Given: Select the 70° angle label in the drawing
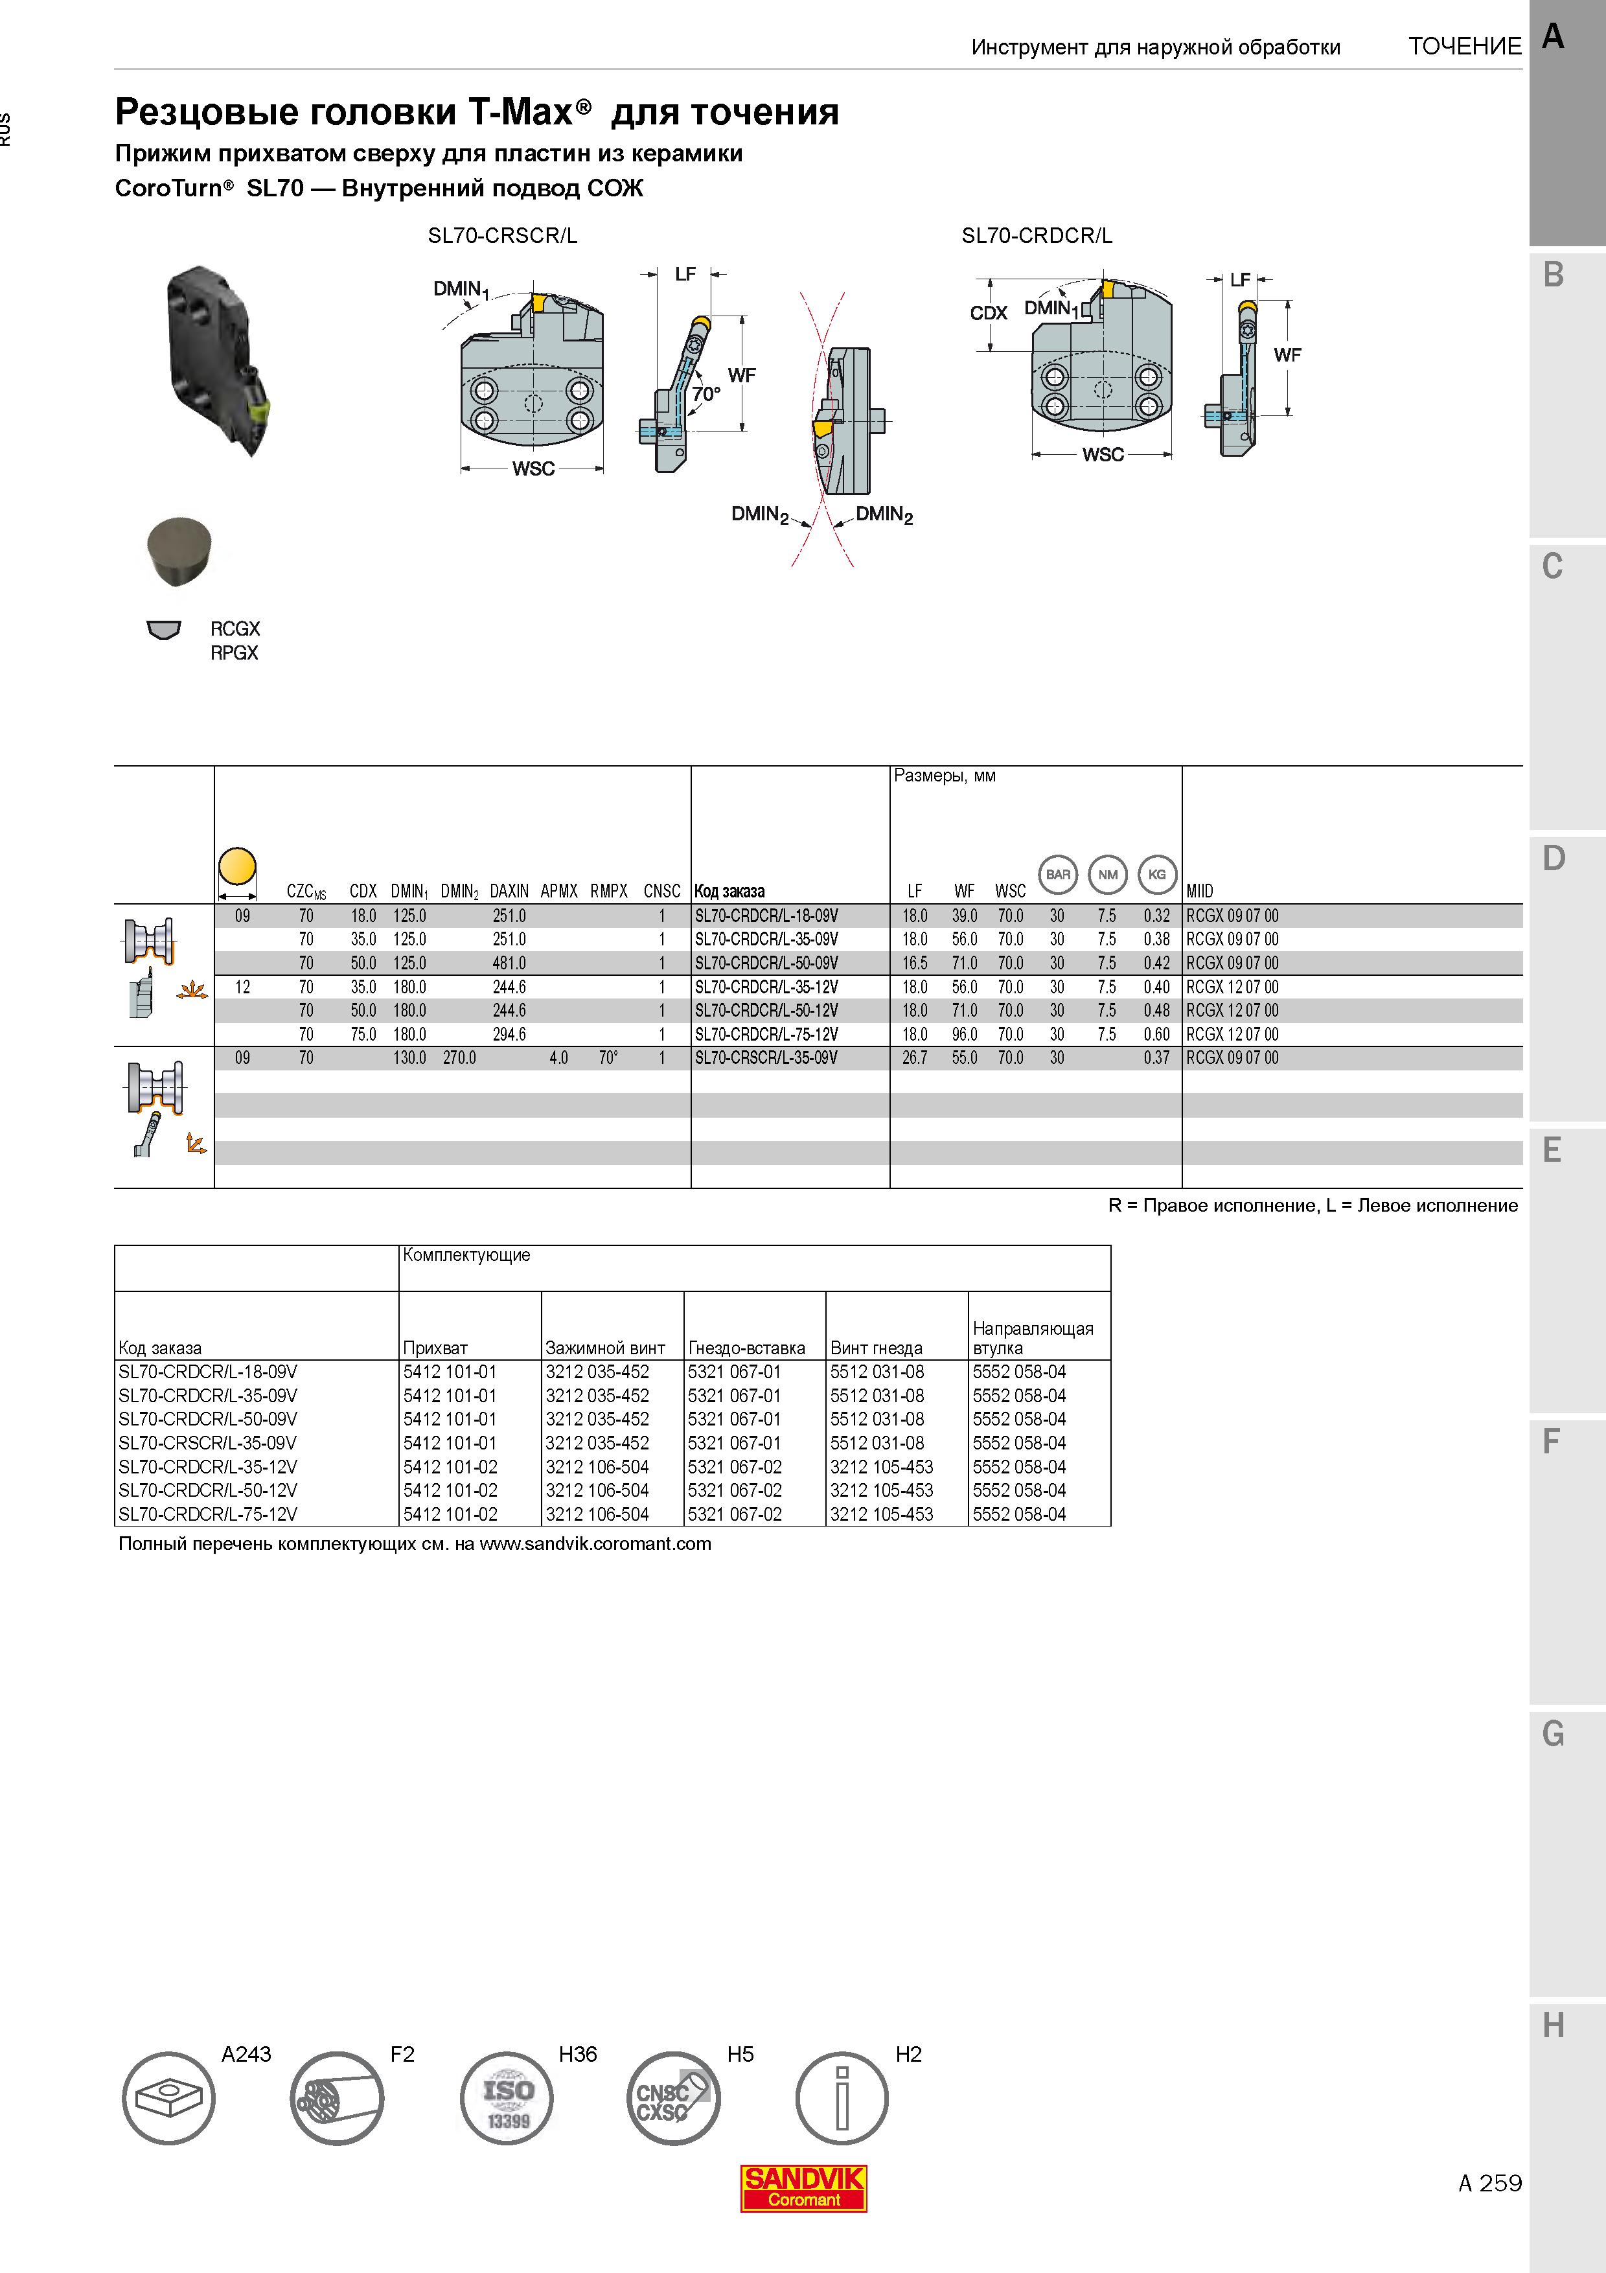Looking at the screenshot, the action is (705, 394).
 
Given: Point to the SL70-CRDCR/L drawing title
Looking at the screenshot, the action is (1037, 236).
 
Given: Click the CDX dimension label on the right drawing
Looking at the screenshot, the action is (989, 313).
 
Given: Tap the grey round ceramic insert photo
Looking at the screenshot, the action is (179, 550).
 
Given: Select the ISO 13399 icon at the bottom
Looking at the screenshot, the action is (507, 2098).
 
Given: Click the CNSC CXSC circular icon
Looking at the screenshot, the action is (674, 2098).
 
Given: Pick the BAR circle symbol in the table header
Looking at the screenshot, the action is (1058, 874).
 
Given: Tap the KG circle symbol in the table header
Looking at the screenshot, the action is (1157, 874).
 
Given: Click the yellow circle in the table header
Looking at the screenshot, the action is (236, 866).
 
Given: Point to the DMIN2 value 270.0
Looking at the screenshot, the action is (459, 1058).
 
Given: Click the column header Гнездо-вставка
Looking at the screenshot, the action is (747, 1347).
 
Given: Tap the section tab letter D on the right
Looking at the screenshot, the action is (1554, 859).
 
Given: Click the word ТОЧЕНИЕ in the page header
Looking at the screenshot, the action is (1465, 47).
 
